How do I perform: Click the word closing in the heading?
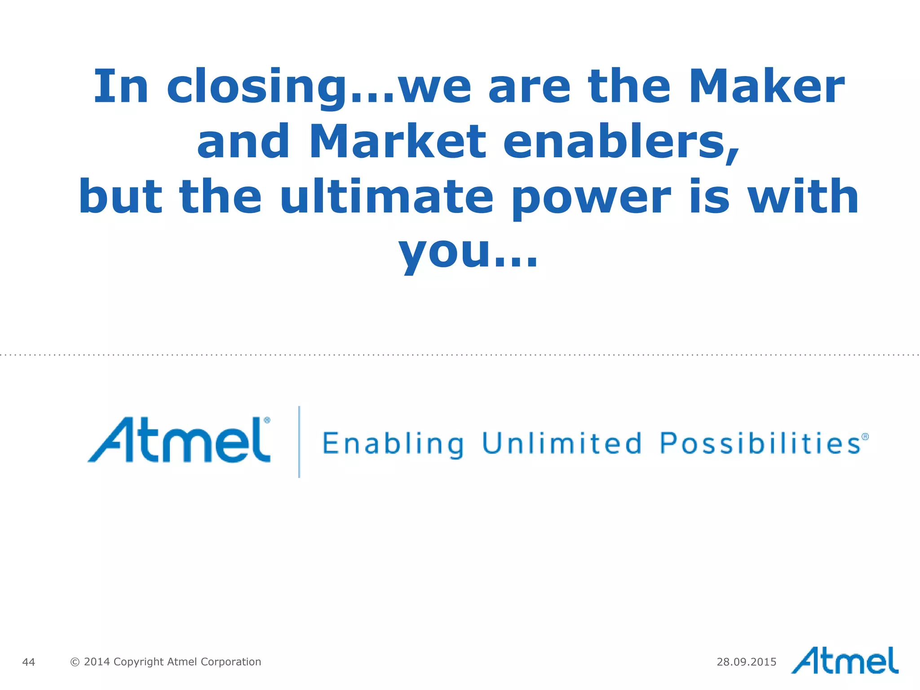(258, 88)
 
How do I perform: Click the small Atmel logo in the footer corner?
(845, 661)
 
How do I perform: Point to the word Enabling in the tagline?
(394, 444)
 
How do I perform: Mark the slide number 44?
(28, 662)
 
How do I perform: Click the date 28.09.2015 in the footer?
(746, 662)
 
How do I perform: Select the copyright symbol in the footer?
(75, 662)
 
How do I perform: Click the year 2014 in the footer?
(97, 662)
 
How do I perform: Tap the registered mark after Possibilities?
(865, 437)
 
